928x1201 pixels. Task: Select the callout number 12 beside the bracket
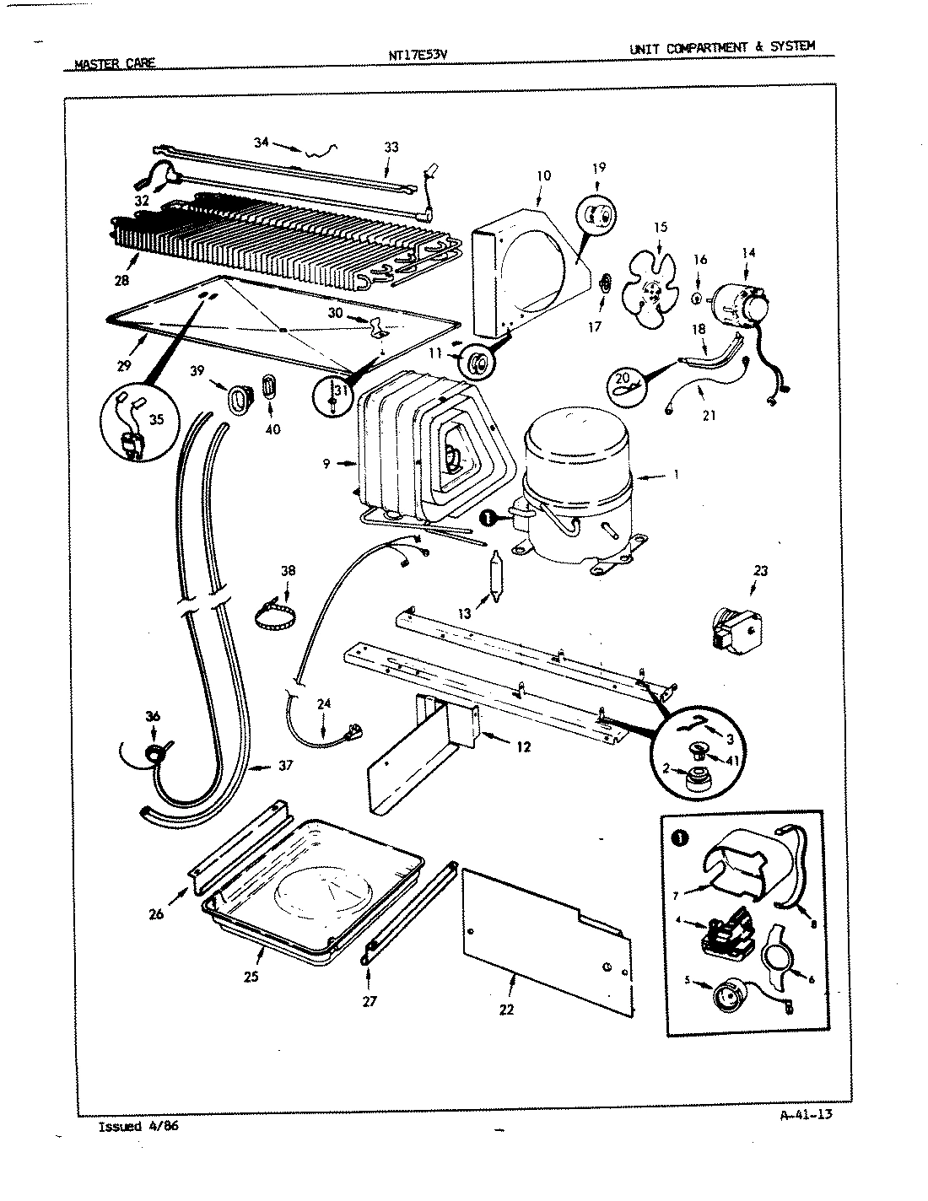pos(524,746)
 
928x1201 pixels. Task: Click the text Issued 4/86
pos(138,1127)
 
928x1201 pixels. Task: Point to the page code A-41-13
pos(805,1114)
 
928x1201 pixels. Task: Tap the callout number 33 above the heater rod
pos(391,147)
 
